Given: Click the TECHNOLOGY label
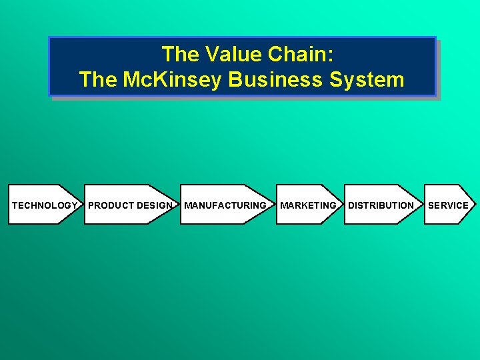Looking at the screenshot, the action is (x=44, y=205).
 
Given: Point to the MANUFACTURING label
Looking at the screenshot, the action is (x=225, y=205).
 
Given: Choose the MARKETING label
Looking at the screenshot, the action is (x=308, y=205).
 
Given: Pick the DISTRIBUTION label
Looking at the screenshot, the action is (x=381, y=205).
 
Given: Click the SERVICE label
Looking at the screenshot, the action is (x=448, y=205).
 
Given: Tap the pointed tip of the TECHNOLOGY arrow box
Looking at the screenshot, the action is (x=80, y=204).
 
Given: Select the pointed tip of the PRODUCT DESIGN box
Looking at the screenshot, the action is (x=177, y=204).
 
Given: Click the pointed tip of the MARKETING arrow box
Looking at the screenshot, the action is (x=341, y=204).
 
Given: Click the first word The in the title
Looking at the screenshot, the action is (x=177, y=54).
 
